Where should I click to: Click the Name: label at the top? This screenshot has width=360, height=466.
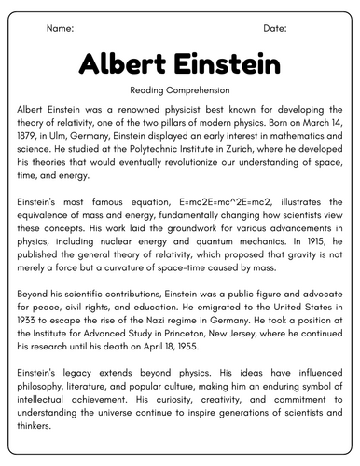pos(60,29)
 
